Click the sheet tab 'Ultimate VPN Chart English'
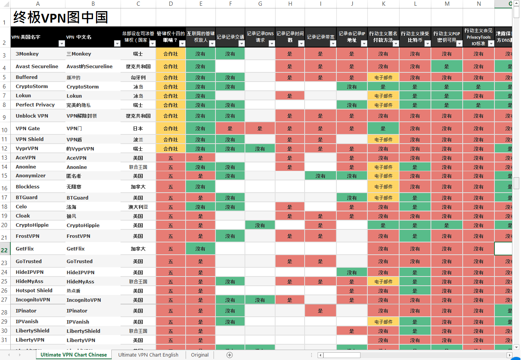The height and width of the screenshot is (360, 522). (x=148, y=355)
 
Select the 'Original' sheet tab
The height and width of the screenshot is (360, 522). (x=200, y=355)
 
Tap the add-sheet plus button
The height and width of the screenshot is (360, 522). (x=230, y=355)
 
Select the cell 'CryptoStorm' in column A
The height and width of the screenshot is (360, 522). (x=32, y=87)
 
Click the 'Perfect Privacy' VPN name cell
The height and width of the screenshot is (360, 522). (x=35, y=105)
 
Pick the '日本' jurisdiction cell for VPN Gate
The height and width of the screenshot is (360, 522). (x=138, y=129)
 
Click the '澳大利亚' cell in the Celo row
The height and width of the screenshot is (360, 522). (x=138, y=207)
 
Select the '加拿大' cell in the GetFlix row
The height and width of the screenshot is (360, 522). (x=138, y=249)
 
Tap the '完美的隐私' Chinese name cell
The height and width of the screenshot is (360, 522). (x=78, y=105)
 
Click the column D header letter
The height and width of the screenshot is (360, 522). (x=171, y=4)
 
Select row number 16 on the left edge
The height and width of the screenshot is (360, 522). (x=4, y=188)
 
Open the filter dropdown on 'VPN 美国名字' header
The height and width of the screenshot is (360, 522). (x=62, y=44)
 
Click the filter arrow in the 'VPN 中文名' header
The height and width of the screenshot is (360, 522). (x=117, y=44)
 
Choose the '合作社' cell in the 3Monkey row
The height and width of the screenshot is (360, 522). (x=171, y=54)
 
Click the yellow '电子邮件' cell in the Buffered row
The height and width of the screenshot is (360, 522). (x=383, y=77)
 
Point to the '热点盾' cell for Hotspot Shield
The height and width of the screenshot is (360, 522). (x=73, y=291)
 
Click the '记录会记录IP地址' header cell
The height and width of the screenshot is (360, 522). (x=352, y=37)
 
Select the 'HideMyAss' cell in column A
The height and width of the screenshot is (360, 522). (x=29, y=281)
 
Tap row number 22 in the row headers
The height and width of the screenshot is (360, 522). (x=4, y=250)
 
